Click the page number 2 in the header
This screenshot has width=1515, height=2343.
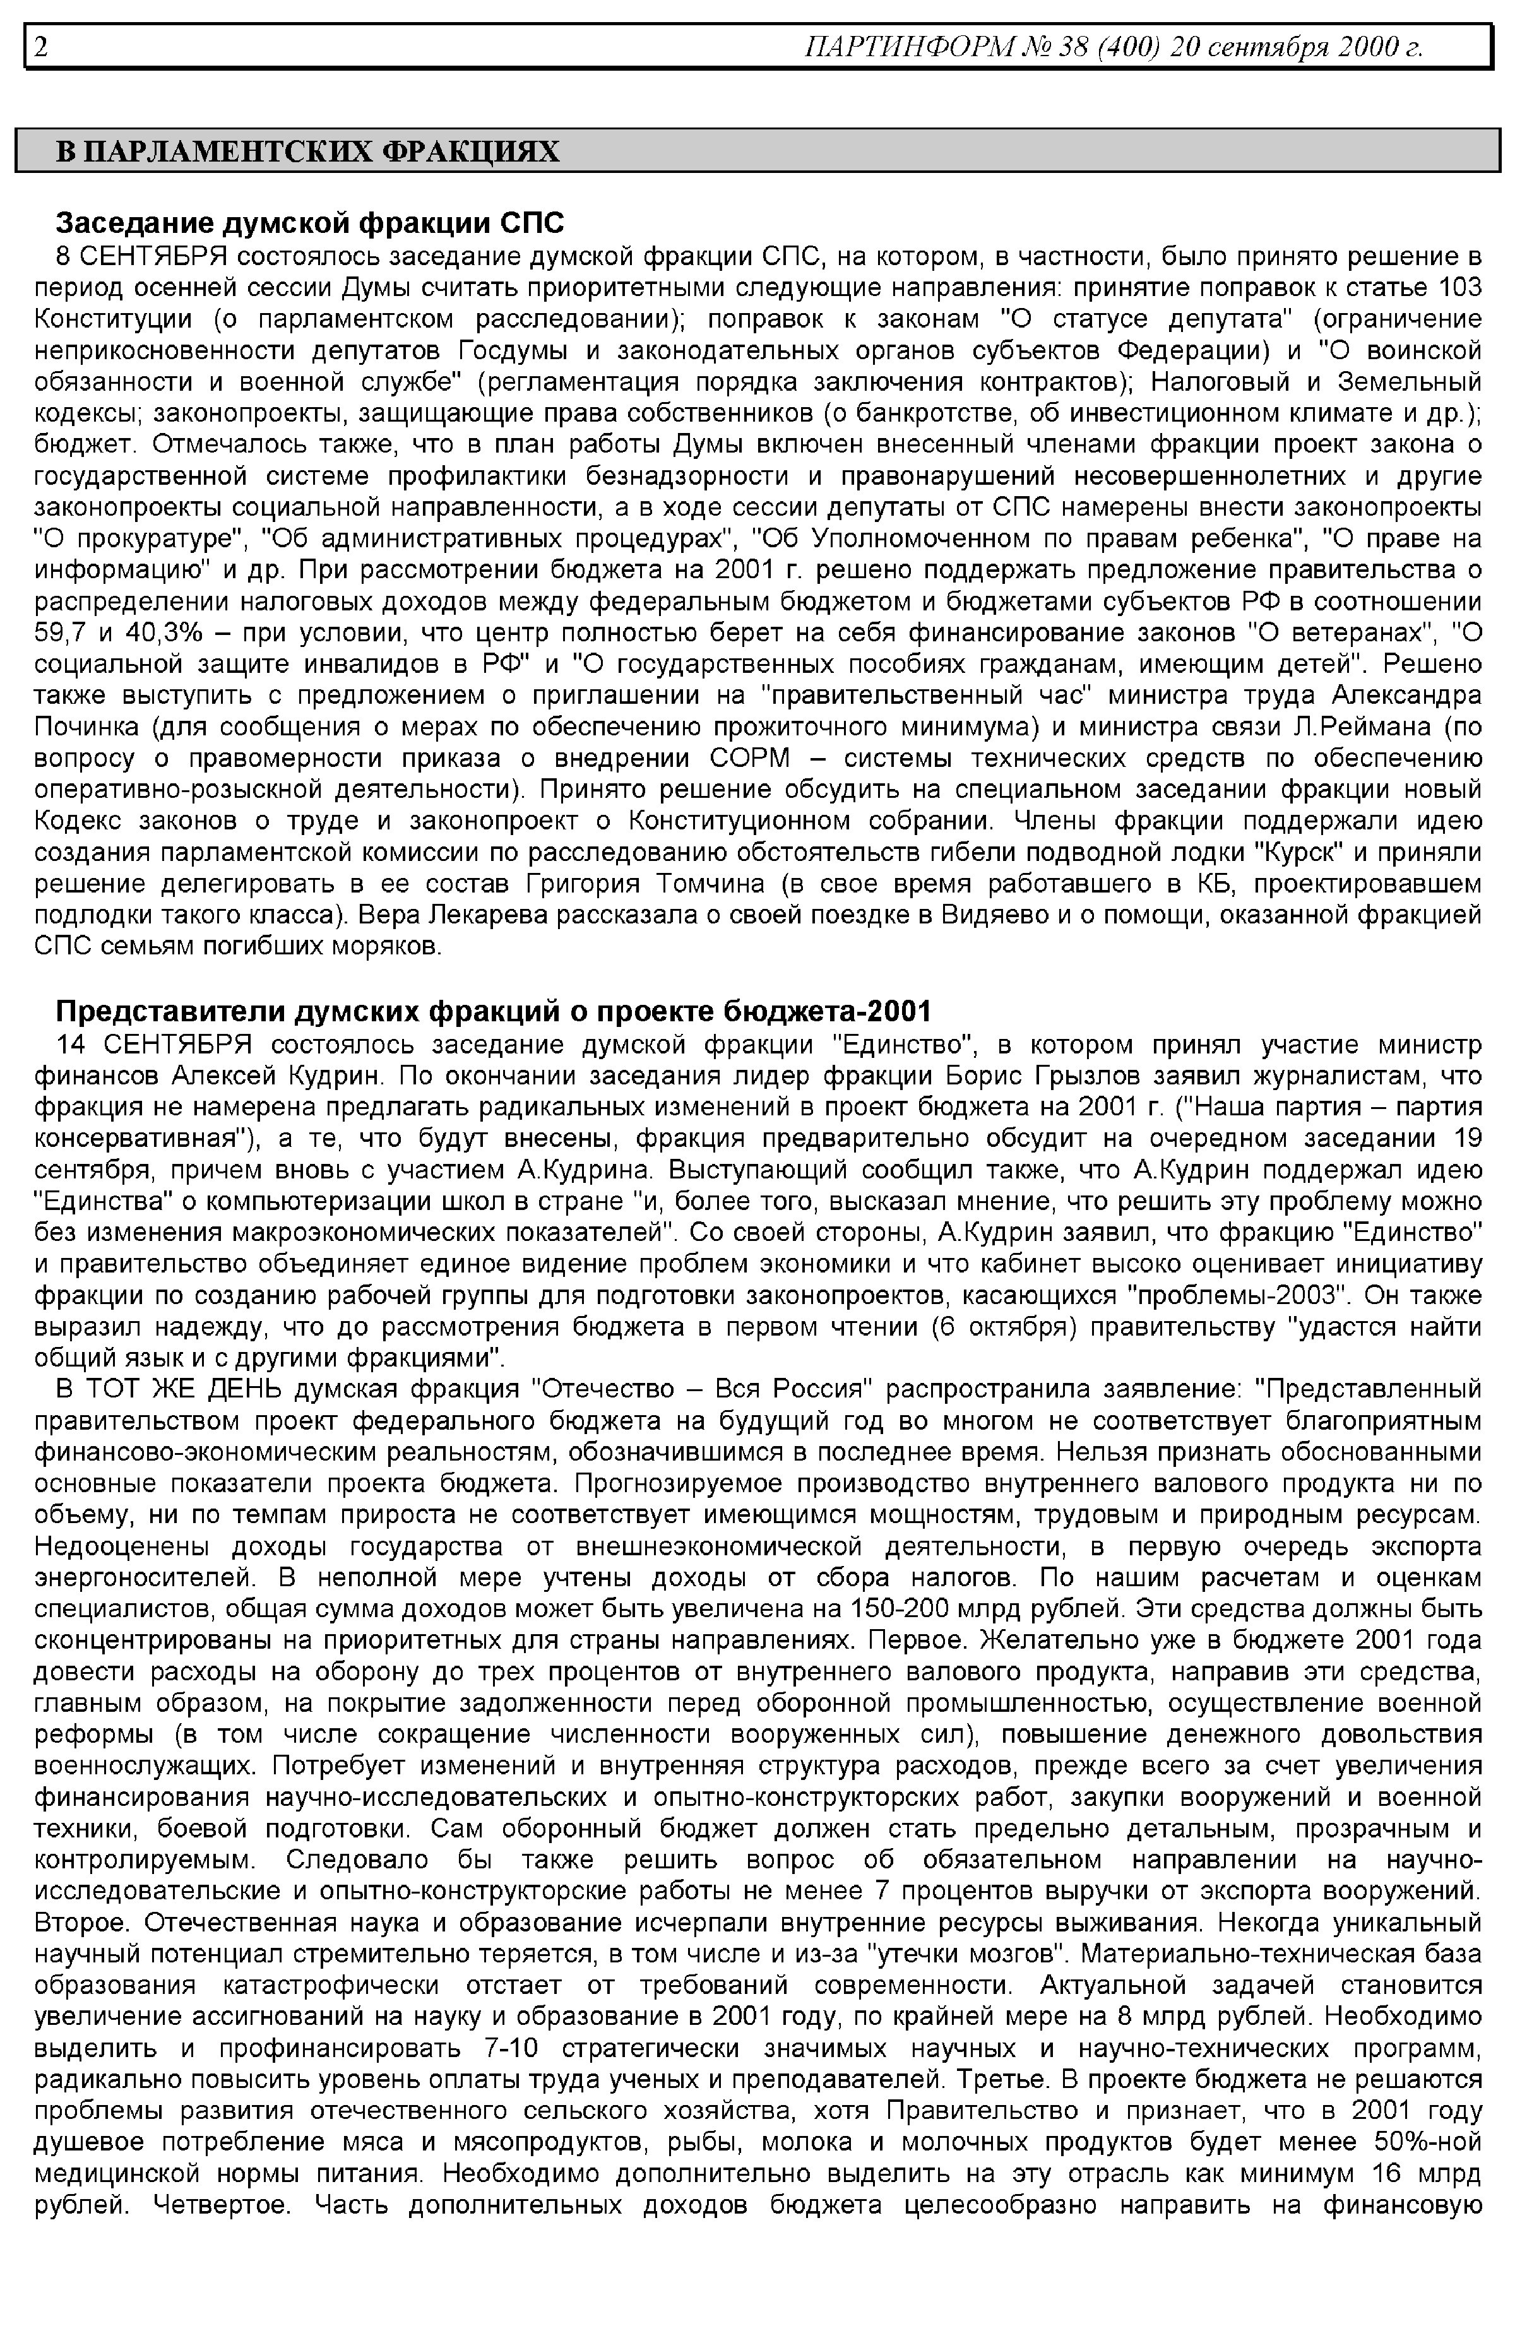(41, 46)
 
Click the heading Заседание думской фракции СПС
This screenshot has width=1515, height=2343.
(310, 223)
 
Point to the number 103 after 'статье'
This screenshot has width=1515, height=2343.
(1460, 288)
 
